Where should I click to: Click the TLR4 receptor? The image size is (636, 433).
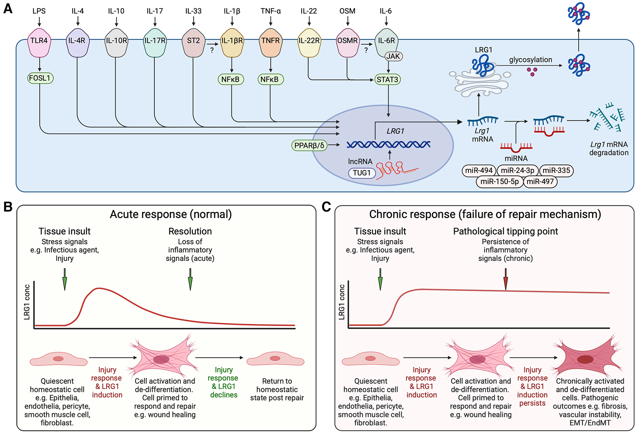[x=39, y=42]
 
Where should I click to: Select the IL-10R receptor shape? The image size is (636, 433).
[x=116, y=42]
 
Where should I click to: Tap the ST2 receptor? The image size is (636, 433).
[x=193, y=42]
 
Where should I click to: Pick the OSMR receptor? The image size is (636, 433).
[x=348, y=42]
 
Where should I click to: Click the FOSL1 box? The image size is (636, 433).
[x=40, y=78]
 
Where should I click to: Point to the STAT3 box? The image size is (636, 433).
[x=388, y=80]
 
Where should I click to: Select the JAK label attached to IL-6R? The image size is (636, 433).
[x=393, y=56]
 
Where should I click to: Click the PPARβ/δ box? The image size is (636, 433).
[x=309, y=146]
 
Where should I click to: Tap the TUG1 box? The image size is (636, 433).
[x=362, y=173]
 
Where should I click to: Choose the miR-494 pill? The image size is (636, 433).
[x=479, y=170]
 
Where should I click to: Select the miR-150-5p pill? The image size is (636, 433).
[x=499, y=182]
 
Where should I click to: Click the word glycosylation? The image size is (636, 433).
[x=530, y=60]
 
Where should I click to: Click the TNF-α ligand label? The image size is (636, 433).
[x=271, y=11]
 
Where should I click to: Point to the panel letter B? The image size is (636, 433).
[x=8, y=207]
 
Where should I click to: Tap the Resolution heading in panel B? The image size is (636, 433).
[x=190, y=231]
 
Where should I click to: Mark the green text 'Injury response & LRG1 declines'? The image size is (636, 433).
[x=224, y=382]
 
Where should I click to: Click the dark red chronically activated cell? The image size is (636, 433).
[x=586, y=358]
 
